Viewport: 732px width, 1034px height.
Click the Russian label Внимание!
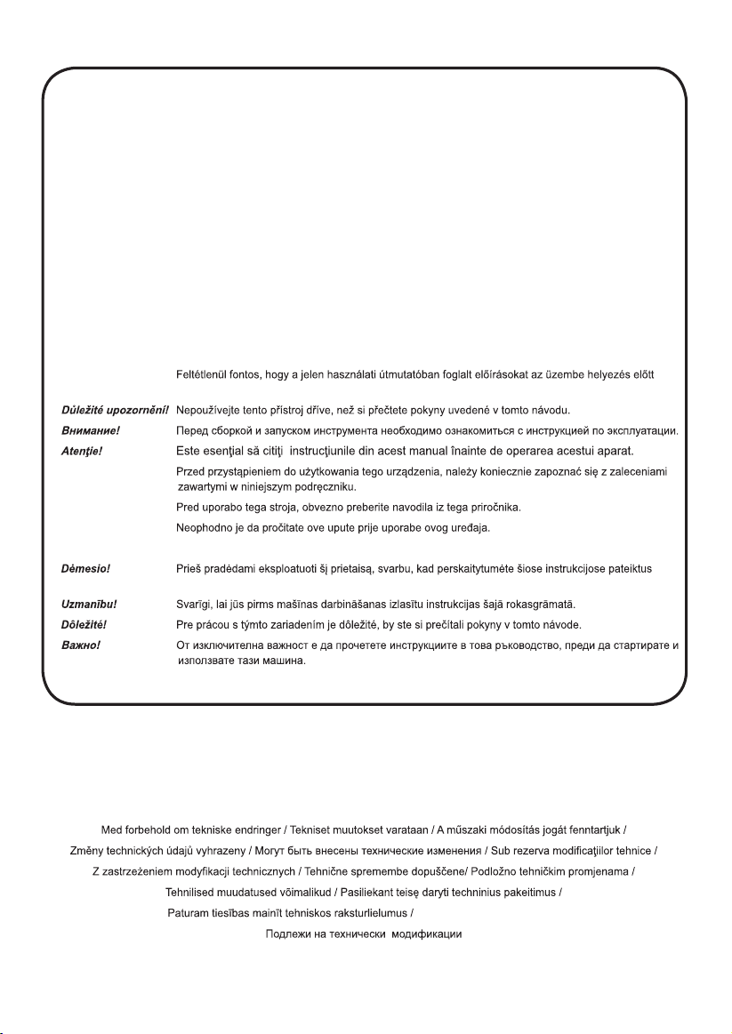[74, 430]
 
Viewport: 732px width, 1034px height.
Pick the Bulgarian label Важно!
[69, 643]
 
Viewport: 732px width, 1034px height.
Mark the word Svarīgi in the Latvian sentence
[194, 604]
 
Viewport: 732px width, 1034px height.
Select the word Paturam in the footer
[190, 913]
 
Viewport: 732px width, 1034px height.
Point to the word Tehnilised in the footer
[193, 892]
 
